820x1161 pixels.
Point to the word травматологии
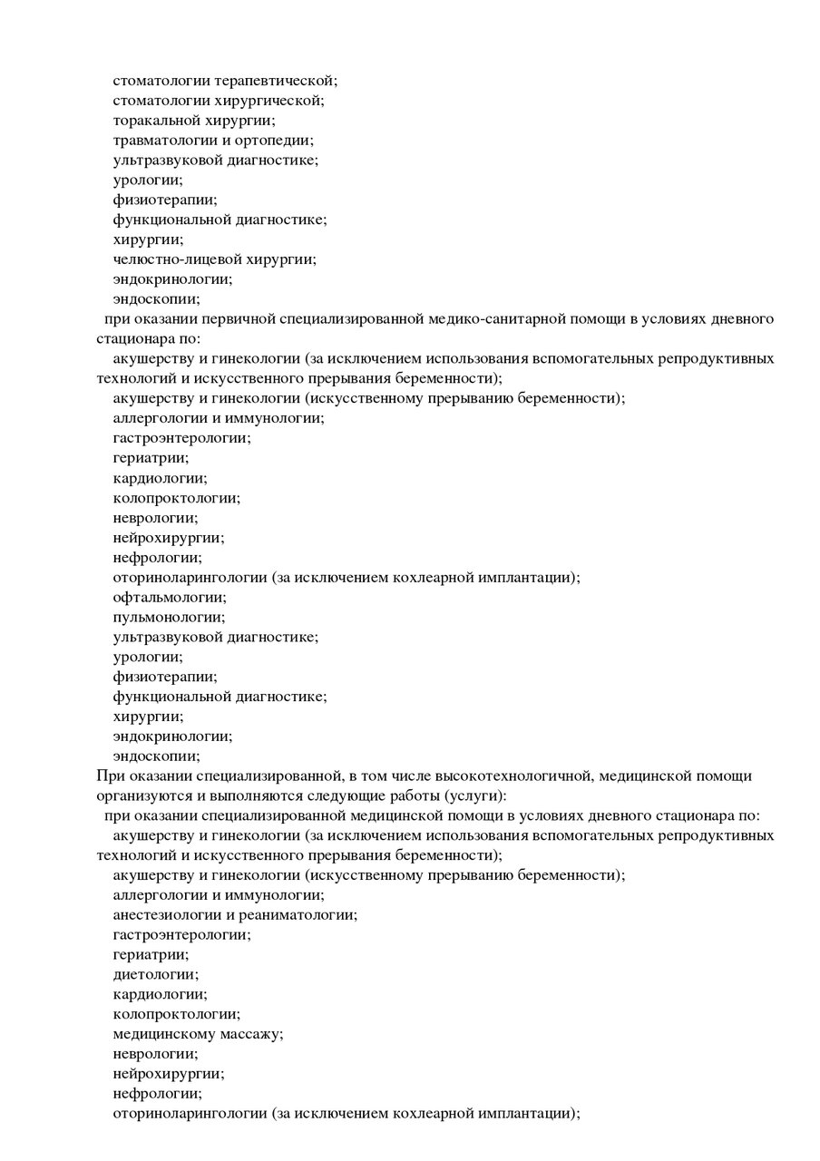[x=159, y=141]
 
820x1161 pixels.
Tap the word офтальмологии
[x=170, y=597]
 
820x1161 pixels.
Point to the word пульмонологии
[x=169, y=617]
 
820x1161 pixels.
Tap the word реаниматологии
[x=298, y=914]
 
